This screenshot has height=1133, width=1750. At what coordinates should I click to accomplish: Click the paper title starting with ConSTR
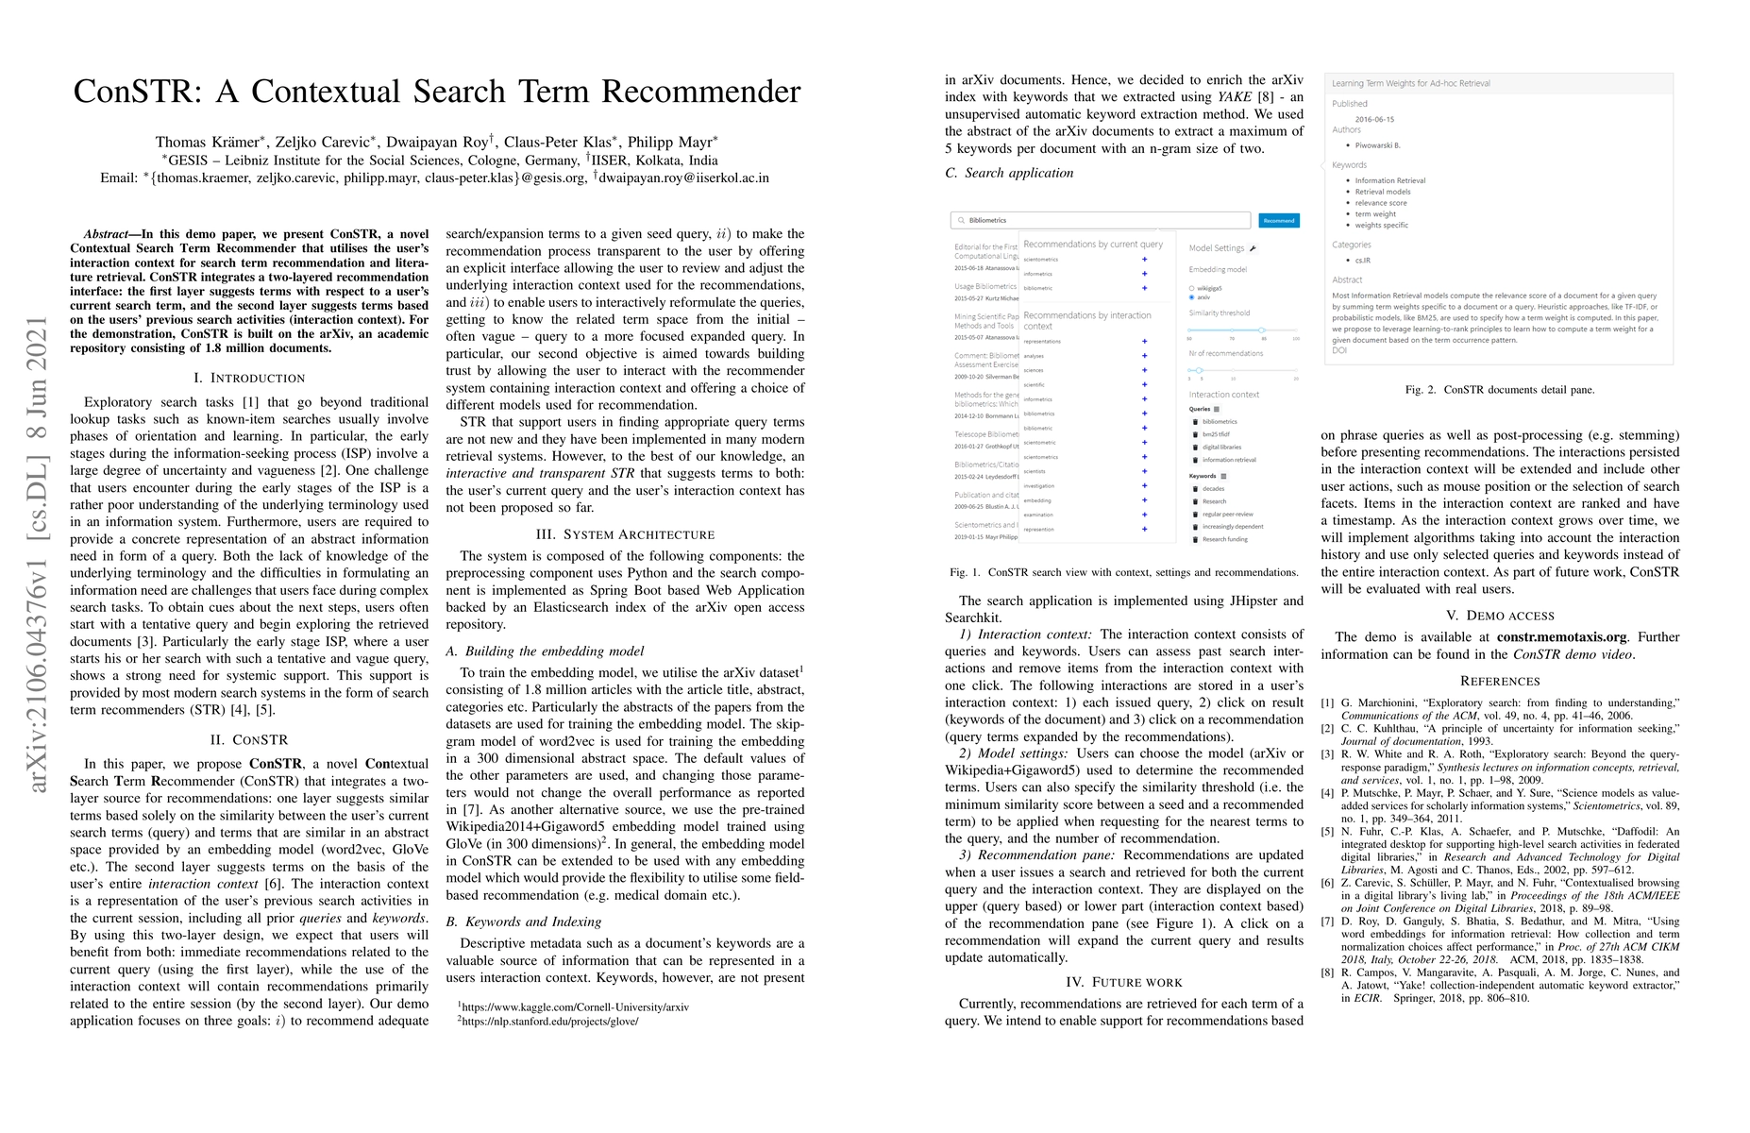(437, 92)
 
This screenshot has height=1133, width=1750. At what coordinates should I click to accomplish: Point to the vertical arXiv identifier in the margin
(38, 554)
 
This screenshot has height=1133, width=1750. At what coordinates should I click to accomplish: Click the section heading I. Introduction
(249, 378)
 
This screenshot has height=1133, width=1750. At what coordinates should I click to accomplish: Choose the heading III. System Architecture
(625, 534)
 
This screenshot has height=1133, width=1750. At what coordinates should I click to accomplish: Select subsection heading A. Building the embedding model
(545, 651)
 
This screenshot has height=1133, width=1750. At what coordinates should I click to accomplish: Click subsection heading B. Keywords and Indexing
(524, 922)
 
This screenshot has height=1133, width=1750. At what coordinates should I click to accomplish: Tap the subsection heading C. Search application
(1009, 173)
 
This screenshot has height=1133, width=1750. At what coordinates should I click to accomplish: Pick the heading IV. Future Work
(1123, 982)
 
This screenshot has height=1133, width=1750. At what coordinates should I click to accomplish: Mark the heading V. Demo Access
(1499, 616)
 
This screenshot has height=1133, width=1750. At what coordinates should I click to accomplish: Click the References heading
(1499, 681)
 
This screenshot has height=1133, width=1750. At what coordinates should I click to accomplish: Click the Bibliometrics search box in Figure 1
(1101, 220)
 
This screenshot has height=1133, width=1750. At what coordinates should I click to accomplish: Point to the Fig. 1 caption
(1124, 572)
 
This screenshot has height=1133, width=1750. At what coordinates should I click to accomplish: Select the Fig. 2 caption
(1499, 389)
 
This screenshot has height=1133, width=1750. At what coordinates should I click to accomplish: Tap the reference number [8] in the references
(1327, 972)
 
